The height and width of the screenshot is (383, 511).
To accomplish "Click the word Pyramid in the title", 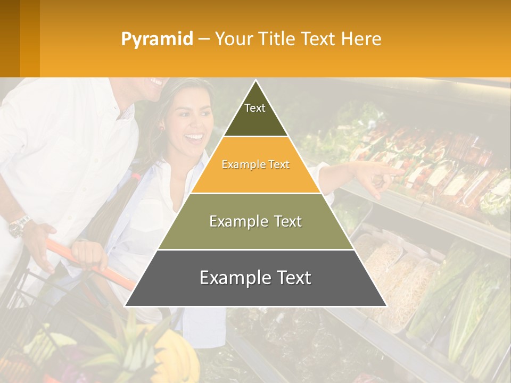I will [x=156, y=39].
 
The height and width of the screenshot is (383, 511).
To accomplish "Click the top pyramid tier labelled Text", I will [x=255, y=114].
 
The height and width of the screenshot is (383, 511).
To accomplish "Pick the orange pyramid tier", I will [x=256, y=170].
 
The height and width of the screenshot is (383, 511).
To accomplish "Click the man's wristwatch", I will [x=19, y=226].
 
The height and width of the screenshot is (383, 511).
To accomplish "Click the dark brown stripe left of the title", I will [x=10, y=38].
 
